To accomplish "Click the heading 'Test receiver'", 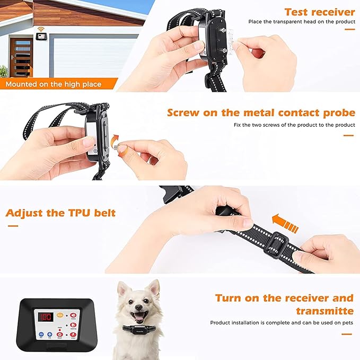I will pos(319,12).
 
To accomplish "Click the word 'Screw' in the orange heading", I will pos(185,113).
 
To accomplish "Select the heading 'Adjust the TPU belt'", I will pos(60,214).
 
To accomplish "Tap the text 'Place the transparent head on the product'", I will pos(301,22).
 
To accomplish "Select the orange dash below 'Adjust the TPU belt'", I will pos(13,226).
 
